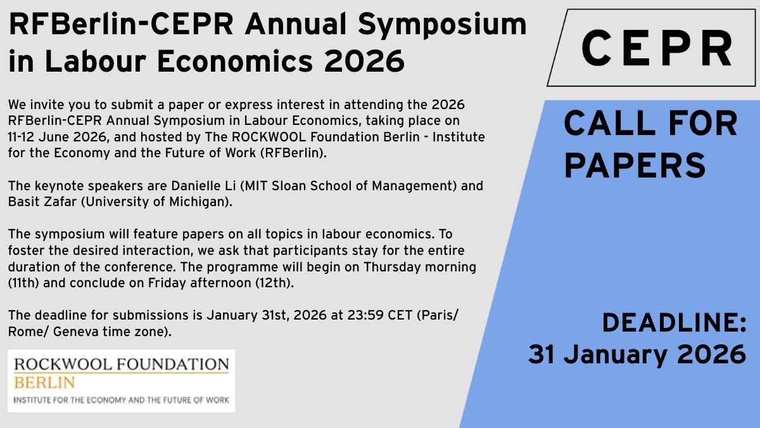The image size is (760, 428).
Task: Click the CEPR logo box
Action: point(655,48)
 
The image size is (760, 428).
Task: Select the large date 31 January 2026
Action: point(637,354)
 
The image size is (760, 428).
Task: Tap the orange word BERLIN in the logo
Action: point(44,382)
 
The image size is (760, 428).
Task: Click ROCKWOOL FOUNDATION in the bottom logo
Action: point(121,365)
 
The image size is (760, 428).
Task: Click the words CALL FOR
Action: point(650,124)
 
